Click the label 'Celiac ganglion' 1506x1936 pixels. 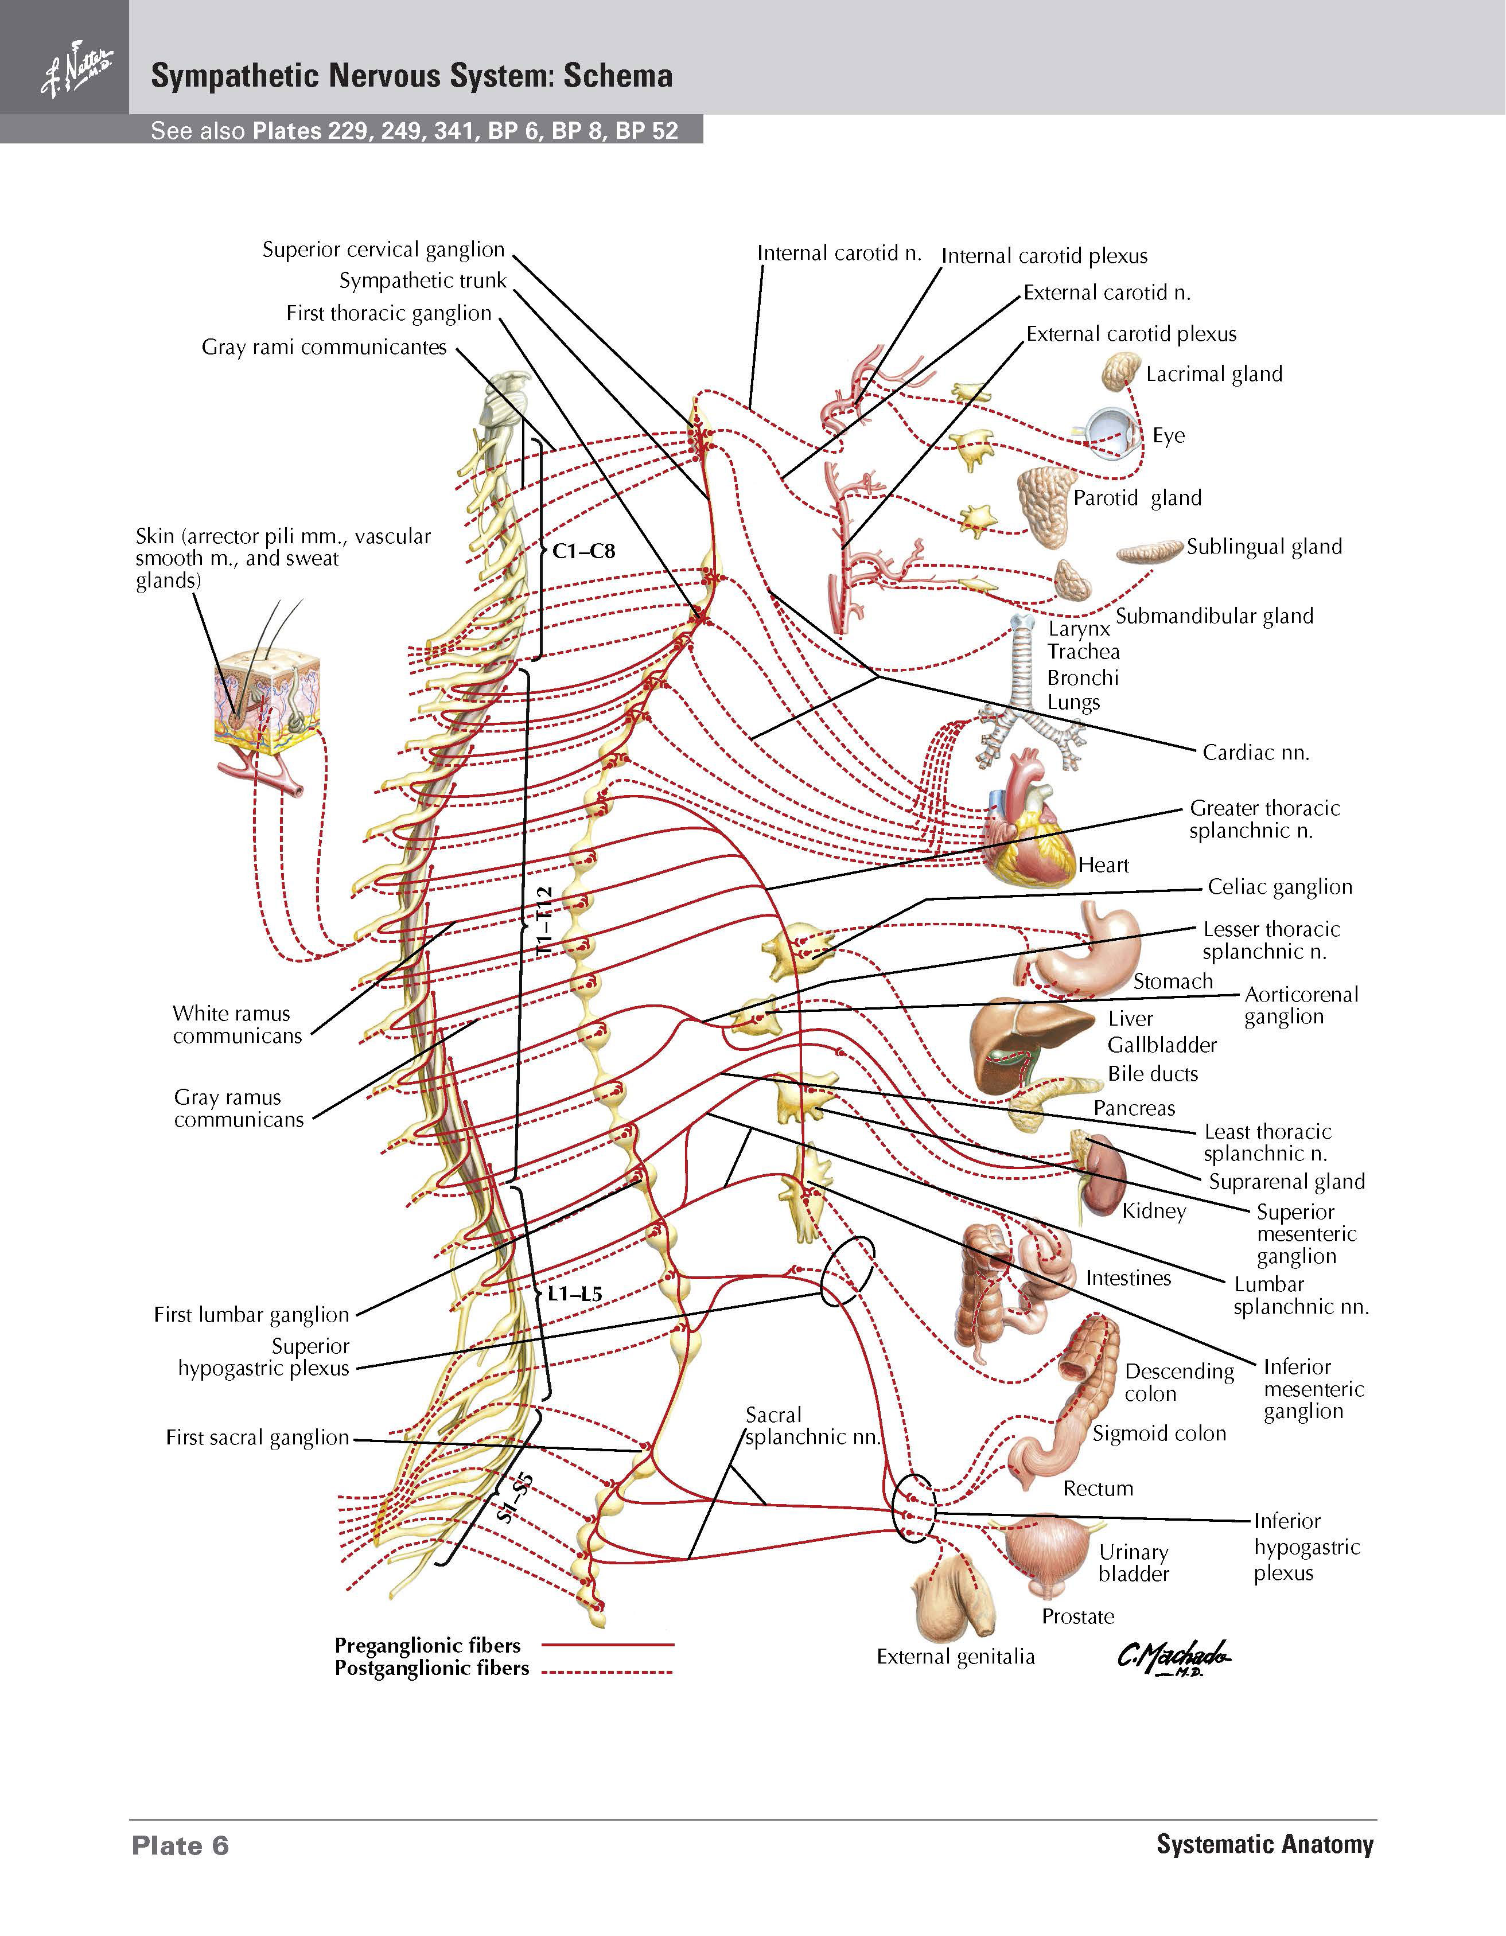tap(1280, 886)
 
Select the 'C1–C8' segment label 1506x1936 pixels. tap(583, 551)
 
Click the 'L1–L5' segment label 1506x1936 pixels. tap(574, 1294)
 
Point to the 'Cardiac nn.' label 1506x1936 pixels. tap(1256, 753)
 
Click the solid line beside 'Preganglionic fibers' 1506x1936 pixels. tap(608, 1645)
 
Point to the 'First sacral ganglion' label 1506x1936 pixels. tap(257, 1437)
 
